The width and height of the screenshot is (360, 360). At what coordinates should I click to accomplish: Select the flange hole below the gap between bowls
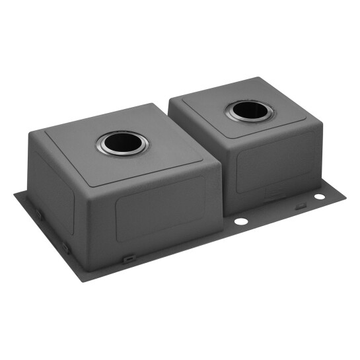click(240, 220)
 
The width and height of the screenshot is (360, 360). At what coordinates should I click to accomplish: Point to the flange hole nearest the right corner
click(319, 196)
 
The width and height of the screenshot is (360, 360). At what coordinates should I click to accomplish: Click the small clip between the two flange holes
click(300, 206)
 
